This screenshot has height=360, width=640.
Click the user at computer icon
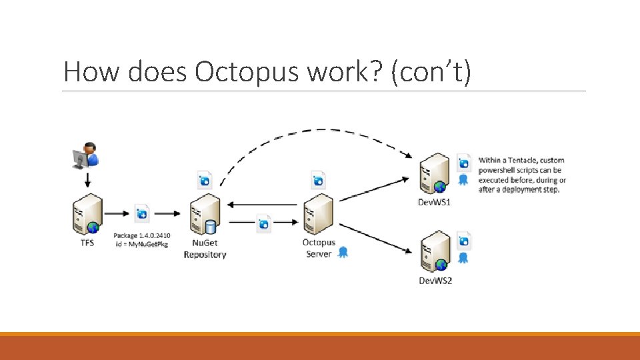(x=85, y=155)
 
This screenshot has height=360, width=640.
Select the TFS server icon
(x=87, y=213)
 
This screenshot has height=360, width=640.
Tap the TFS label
(x=87, y=243)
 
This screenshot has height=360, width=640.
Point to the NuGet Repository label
(x=205, y=249)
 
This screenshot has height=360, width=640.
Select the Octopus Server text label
(x=319, y=248)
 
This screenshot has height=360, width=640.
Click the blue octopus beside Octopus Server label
(x=343, y=252)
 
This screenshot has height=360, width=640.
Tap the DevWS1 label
(x=434, y=202)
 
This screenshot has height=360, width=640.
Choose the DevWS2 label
(x=435, y=281)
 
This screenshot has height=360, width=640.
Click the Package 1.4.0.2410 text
(x=141, y=235)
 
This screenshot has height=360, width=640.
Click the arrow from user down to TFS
(x=87, y=179)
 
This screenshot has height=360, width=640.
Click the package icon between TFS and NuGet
(x=142, y=213)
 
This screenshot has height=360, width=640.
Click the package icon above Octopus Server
(x=319, y=179)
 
